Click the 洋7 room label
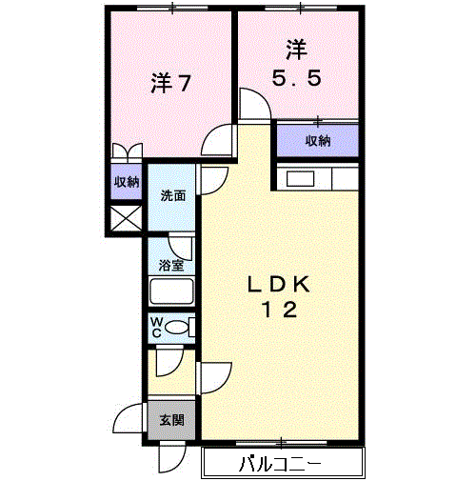pyautogui.click(x=170, y=83)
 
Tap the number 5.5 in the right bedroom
pyautogui.click(x=297, y=78)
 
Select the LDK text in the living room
pyautogui.click(x=279, y=284)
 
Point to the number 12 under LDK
pyautogui.click(x=279, y=310)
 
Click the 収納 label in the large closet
pyautogui.click(x=318, y=141)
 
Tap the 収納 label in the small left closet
pyautogui.click(x=127, y=182)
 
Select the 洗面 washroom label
pyautogui.click(x=173, y=195)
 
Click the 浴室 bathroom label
pyautogui.click(x=171, y=265)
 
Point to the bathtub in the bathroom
pyautogui.click(x=171, y=291)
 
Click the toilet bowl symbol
pyautogui.click(x=177, y=328)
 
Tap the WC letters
pyautogui.click(x=157, y=328)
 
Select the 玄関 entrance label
pyautogui.click(x=171, y=420)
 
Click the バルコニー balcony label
pyautogui.click(x=280, y=464)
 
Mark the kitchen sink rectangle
pyautogui.click(x=301, y=179)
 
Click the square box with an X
pyautogui.click(x=127, y=218)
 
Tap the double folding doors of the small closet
pyautogui.click(x=128, y=150)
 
